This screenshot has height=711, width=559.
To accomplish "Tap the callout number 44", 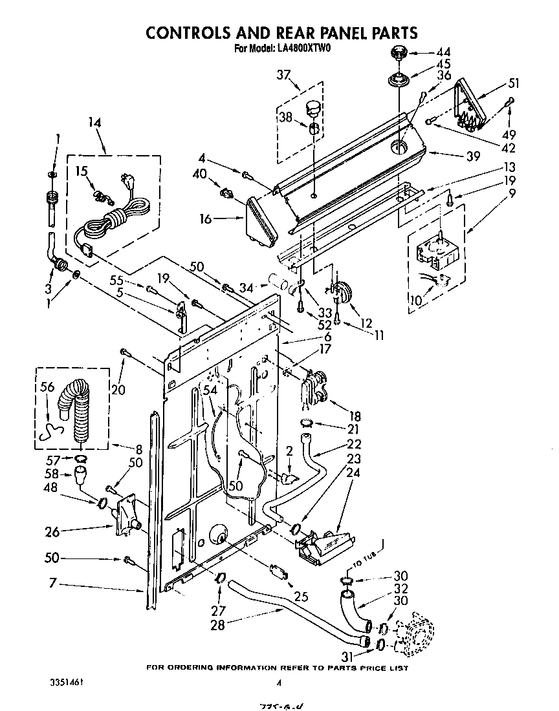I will (443, 52).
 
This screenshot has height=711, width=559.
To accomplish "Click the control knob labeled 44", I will (398, 53).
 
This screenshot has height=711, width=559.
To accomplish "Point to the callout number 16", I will (206, 220).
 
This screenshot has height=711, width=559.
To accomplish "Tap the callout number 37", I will (283, 76).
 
